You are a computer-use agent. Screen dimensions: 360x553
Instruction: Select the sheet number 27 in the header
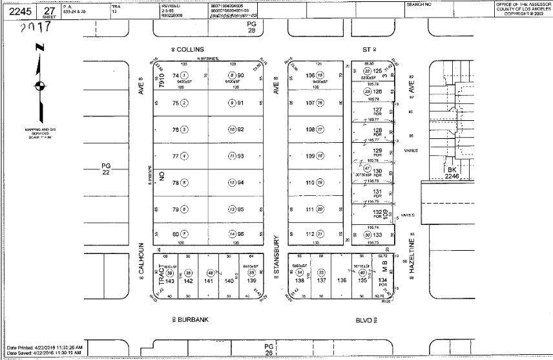pos(48,8)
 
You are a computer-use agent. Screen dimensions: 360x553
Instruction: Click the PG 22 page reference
pos(107,169)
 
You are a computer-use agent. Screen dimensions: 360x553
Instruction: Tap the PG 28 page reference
pos(252,26)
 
